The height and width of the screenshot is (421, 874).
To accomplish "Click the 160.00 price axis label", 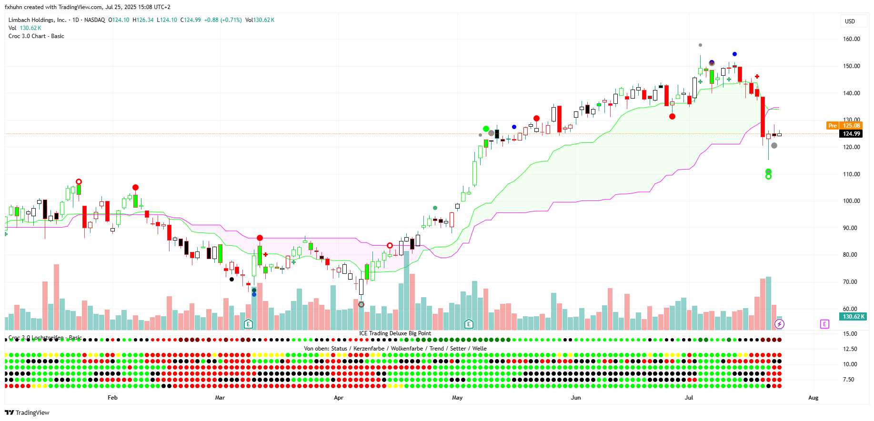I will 851,39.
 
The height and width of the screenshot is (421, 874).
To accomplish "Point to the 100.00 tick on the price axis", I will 851,201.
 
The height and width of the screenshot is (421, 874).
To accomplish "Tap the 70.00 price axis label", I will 851,282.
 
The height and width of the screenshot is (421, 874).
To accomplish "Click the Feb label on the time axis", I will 112,398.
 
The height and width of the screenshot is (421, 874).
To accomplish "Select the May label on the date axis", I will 457,398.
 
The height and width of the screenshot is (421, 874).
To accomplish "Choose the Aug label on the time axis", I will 813,398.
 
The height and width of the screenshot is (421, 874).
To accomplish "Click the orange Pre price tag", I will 833,126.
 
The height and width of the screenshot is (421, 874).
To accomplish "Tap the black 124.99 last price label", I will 851,134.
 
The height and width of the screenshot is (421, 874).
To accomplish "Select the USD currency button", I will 850,21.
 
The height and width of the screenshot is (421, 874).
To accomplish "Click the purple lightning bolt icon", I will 779,324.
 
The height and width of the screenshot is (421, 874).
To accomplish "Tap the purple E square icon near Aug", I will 824,324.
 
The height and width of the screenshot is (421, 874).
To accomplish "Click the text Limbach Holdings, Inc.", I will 37,20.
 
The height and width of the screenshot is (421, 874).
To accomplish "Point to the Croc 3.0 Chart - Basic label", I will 36,36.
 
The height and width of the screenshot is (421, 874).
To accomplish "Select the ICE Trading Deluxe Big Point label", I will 395,333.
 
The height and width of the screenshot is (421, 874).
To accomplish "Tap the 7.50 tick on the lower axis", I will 848,380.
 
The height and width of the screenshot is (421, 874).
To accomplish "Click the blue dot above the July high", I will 734,54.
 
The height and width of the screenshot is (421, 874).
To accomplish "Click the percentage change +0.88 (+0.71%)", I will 223,20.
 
